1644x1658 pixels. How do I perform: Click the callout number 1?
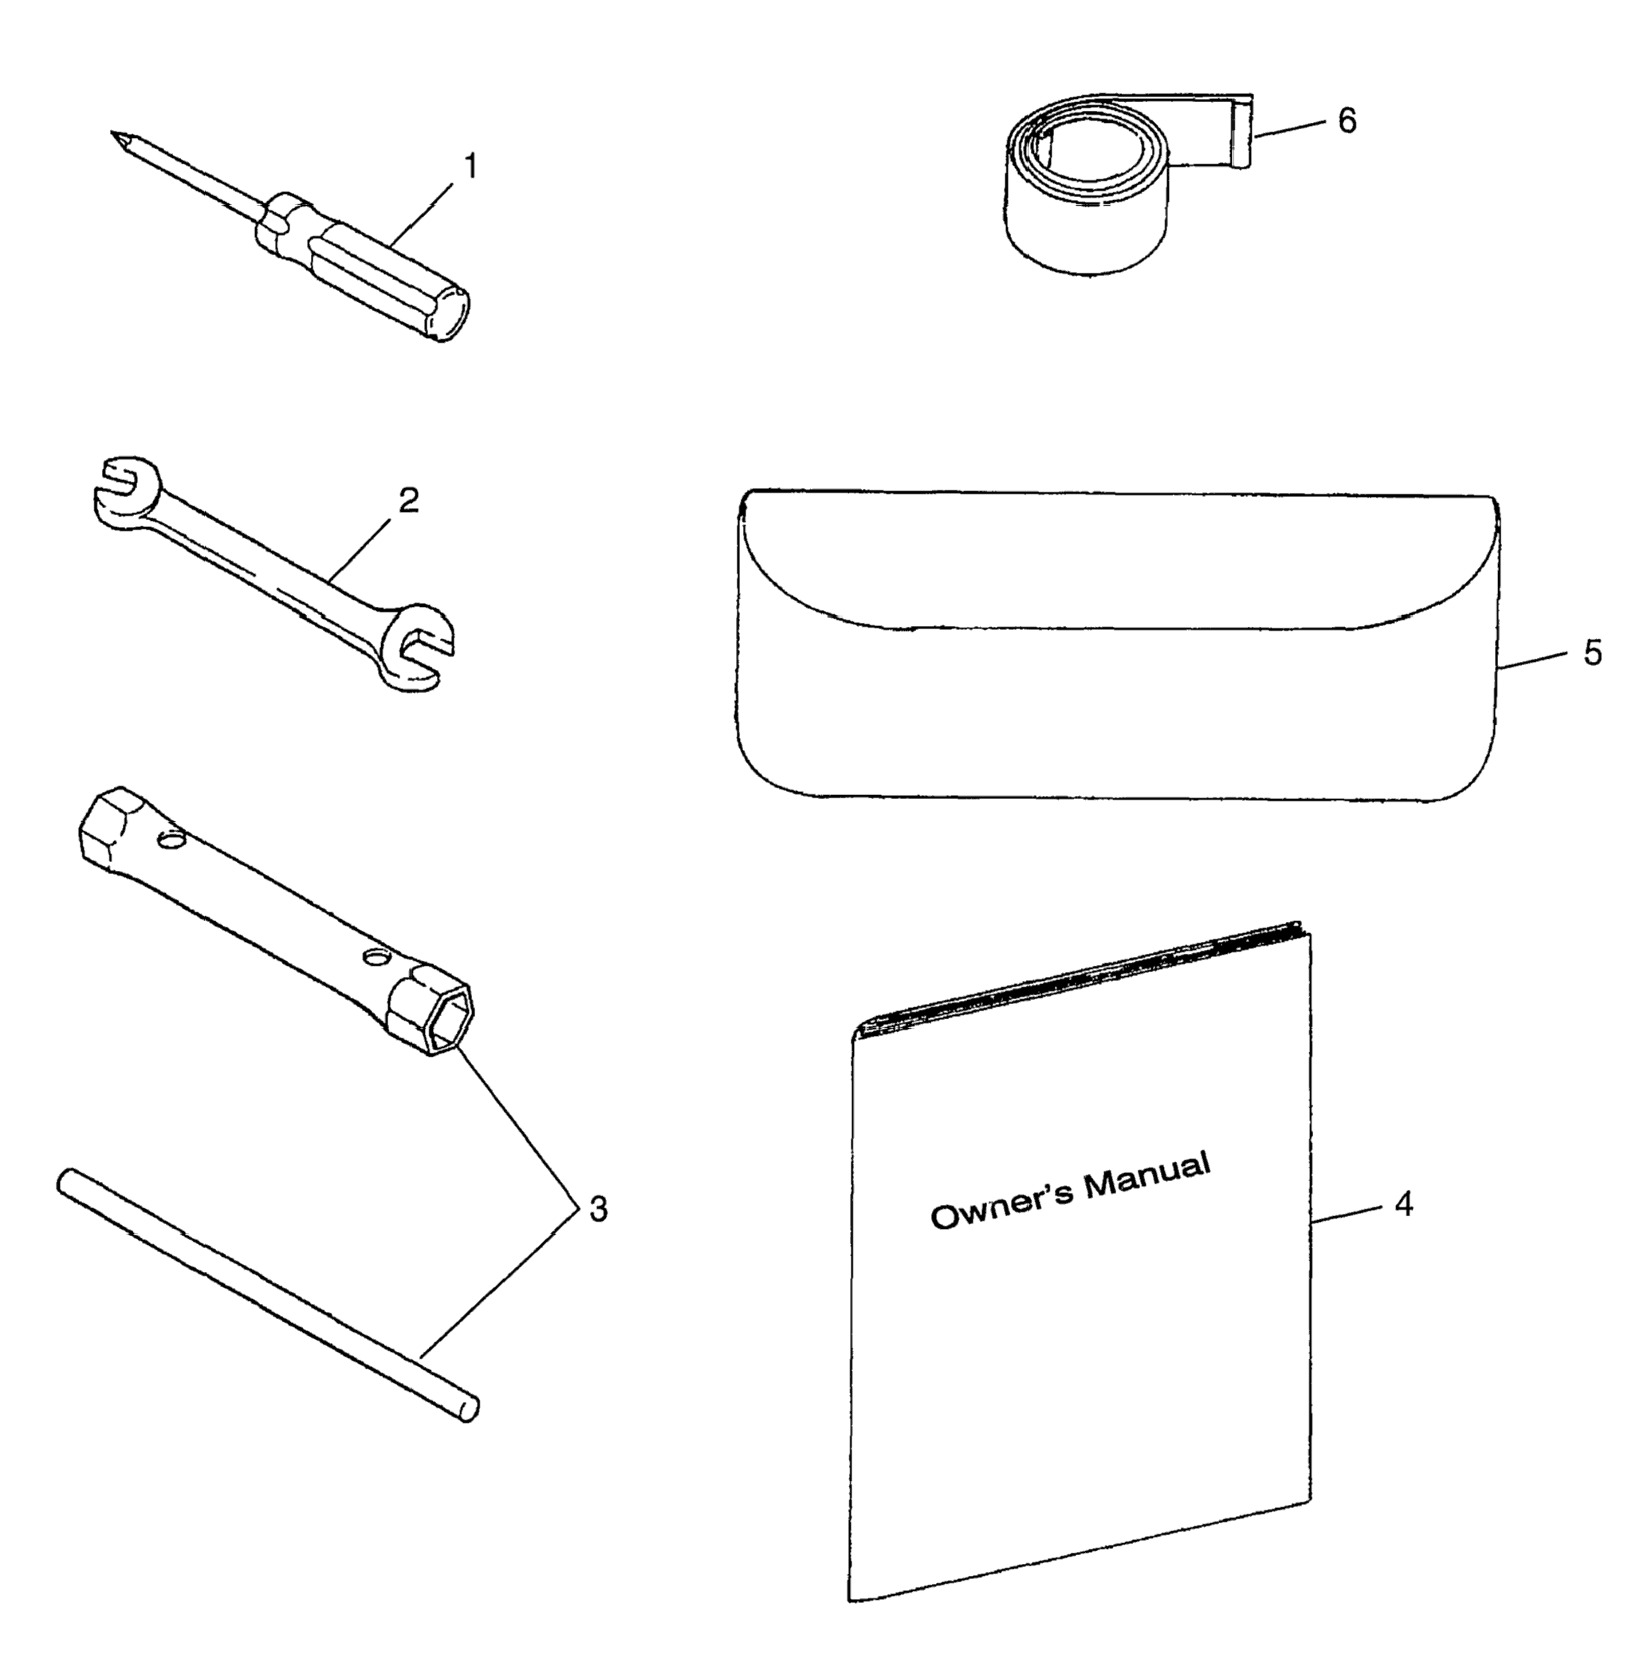click(470, 166)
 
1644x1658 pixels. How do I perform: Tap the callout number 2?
click(408, 500)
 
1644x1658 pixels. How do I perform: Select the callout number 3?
click(598, 1209)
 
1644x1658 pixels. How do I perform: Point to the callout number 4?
click(1403, 1205)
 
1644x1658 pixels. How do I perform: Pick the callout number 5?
click(1592, 653)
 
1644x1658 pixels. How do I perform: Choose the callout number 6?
click(1347, 121)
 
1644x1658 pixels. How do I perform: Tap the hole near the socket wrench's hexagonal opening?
click(373, 955)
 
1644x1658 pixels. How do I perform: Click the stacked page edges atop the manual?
click(1081, 979)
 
